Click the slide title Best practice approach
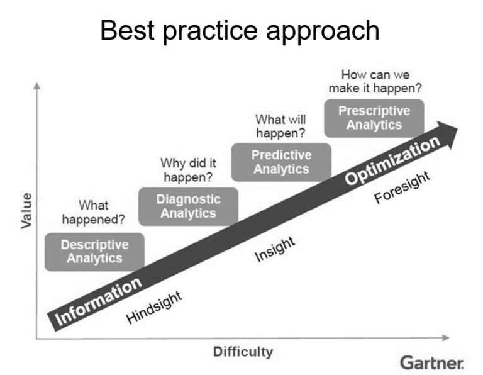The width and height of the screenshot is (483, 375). pyautogui.click(x=240, y=30)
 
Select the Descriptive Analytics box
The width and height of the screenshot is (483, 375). pyautogui.click(x=94, y=251)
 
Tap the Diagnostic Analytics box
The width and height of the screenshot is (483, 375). pyautogui.click(x=188, y=206)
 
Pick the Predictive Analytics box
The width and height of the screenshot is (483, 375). pyautogui.click(x=281, y=162)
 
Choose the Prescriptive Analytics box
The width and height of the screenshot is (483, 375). pyautogui.click(x=374, y=118)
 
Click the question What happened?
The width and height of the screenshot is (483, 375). pyautogui.click(x=93, y=213)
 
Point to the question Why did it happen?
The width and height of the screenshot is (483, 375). pyautogui.click(x=187, y=169)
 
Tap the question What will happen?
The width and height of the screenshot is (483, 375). pyautogui.click(x=280, y=125)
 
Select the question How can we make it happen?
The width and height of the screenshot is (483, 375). pyautogui.click(x=375, y=81)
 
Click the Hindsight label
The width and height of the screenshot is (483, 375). pyautogui.click(x=154, y=307)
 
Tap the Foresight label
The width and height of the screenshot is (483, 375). pyautogui.click(x=402, y=187)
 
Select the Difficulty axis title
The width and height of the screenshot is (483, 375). pyautogui.click(x=243, y=351)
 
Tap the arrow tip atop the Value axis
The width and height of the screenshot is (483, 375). pyautogui.click(x=36, y=85)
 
